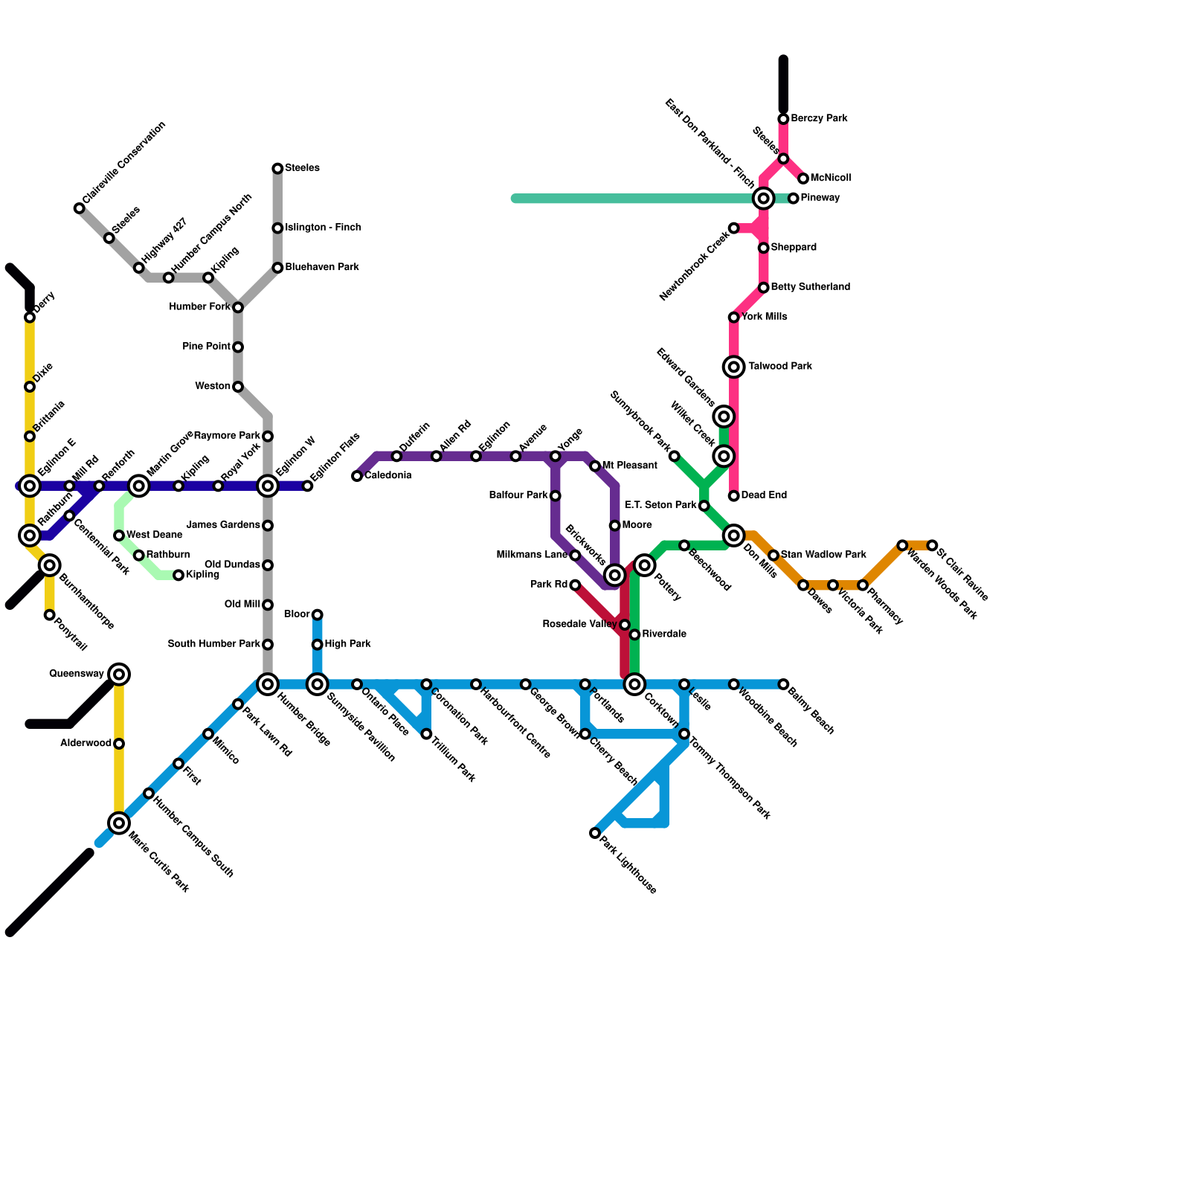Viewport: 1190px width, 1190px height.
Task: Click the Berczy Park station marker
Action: pos(783,119)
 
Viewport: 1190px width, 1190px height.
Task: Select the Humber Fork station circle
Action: pos(238,307)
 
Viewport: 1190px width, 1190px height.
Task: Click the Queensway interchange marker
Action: pos(119,675)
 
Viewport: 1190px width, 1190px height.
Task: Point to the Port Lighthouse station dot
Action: pos(595,833)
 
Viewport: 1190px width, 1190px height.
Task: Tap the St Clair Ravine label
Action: pos(962,574)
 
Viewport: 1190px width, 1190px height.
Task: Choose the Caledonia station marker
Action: pos(357,476)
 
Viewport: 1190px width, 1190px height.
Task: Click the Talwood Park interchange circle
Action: pos(734,367)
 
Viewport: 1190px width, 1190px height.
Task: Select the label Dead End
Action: pos(764,495)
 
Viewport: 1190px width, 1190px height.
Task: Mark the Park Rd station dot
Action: pos(575,585)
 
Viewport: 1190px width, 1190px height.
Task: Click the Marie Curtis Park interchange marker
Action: pos(119,823)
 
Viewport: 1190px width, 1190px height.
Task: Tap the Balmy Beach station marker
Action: pos(783,684)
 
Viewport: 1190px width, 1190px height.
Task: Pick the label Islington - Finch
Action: pos(323,228)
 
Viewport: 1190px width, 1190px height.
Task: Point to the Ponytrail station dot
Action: pos(49,615)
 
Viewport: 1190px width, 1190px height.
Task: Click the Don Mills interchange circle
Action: pos(734,535)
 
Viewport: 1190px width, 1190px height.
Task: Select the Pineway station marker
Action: pos(794,199)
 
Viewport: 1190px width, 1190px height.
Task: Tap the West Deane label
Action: pos(154,535)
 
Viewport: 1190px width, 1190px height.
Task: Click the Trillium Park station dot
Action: pos(426,734)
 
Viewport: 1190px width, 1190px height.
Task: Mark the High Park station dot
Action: pos(318,645)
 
